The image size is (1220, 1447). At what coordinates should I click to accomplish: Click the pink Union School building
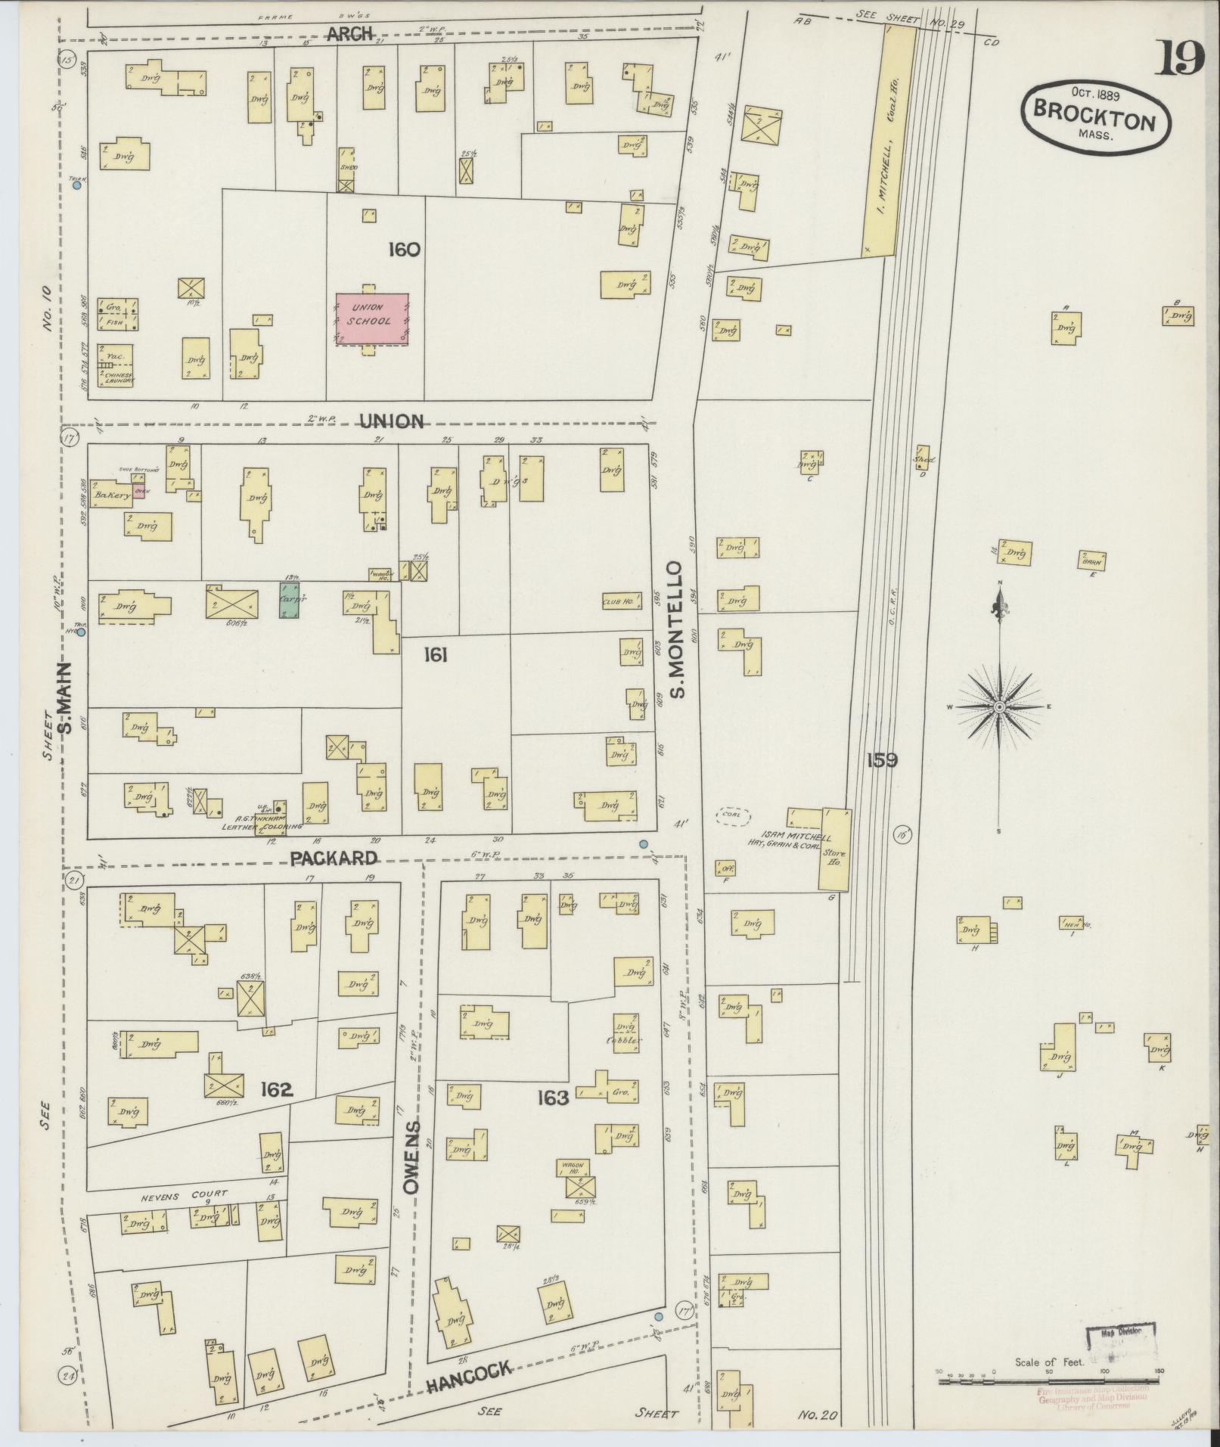(372, 319)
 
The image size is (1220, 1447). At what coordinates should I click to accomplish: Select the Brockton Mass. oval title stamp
(1095, 120)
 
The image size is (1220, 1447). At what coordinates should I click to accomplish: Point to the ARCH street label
(350, 33)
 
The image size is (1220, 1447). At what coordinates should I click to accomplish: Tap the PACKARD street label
(334, 858)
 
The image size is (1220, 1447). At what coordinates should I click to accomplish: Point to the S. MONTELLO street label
(675, 629)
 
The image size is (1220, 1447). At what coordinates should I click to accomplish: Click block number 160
(404, 249)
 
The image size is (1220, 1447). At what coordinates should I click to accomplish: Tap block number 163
(552, 1098)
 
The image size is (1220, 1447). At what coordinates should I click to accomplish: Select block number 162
(276, 1090)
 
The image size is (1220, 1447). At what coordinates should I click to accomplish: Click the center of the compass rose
(998, 706)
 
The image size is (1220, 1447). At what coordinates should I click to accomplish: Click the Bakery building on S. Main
(110, 495)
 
